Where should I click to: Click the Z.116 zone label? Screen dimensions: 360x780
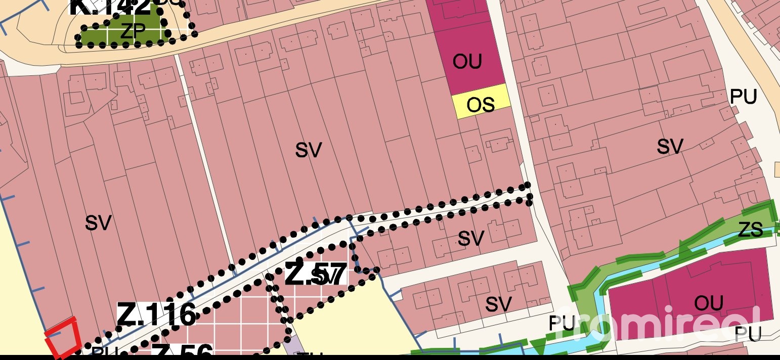coord(156,315)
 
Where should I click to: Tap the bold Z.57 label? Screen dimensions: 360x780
coord(316,275)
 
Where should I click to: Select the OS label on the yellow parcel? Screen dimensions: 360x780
coord(481,105)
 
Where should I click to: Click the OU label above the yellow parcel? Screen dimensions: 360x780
coord(467,62)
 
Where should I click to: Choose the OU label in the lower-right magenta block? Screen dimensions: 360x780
coord(709,303)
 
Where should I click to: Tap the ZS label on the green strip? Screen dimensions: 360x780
coord(750,231)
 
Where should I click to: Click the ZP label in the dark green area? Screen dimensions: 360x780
coord(133,32)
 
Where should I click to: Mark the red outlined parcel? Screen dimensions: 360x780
coord(63,337)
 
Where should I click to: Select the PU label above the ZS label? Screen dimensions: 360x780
coord(743,97)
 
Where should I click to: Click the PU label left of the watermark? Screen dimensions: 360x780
coord(561,324)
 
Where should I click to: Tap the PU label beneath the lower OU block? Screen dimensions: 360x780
coord(748,334)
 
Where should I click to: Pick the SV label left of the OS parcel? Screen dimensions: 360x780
coord(309,150)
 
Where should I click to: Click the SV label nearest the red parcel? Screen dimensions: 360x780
coord(98,223)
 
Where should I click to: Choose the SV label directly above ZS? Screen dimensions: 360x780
coord(670,147)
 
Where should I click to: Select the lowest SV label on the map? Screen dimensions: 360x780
coord(498,304)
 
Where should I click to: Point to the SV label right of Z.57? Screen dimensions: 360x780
coord(471,238)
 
